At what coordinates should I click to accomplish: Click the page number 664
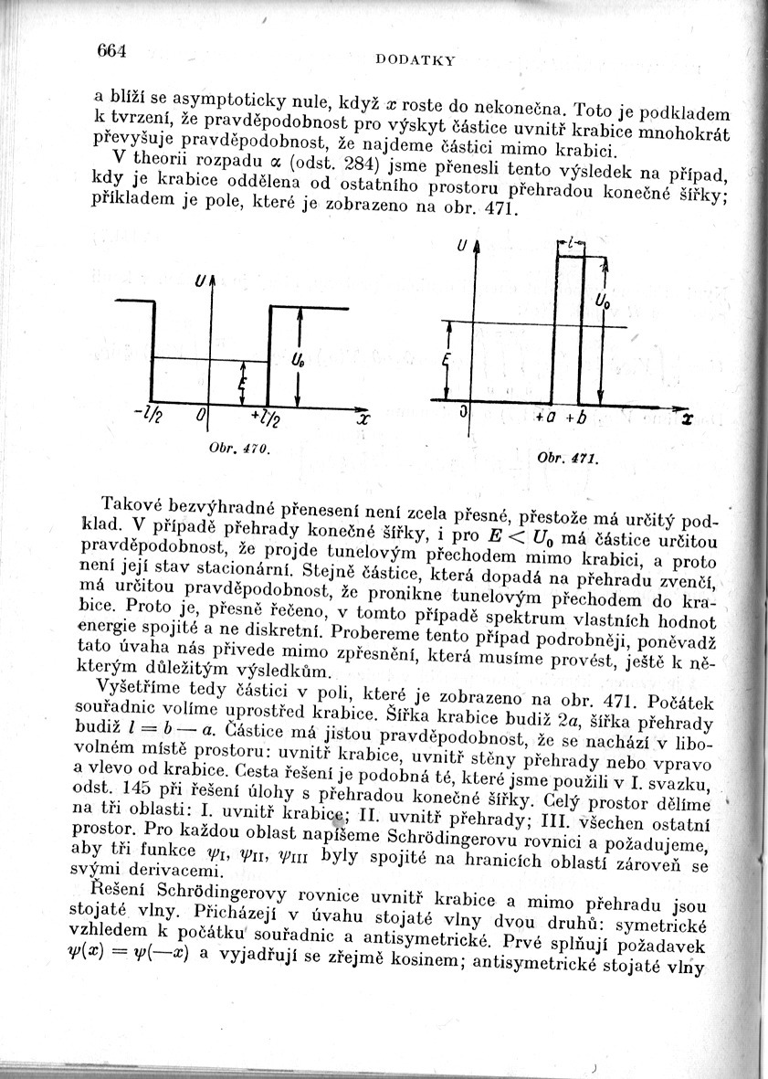point(110,49)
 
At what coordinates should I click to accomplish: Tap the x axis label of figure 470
point(362,421)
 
